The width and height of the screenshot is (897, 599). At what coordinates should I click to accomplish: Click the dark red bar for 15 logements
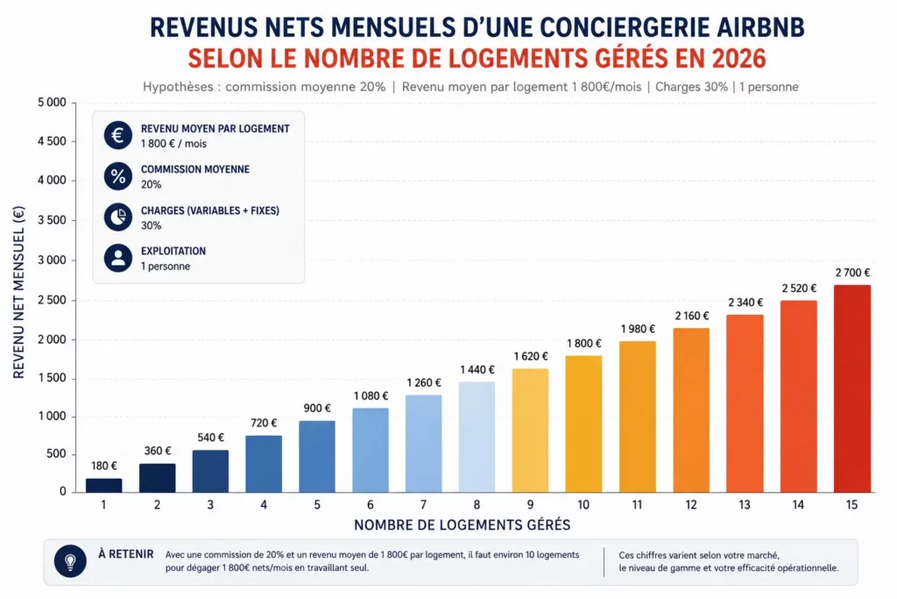(851, 389)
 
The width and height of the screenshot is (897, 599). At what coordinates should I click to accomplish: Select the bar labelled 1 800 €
(583, 424)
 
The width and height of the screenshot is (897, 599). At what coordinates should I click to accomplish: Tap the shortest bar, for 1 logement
(103, 486)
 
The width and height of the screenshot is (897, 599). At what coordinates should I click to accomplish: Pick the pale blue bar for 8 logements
(477, 437)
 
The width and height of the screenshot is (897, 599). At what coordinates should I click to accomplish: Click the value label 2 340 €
(745, 303)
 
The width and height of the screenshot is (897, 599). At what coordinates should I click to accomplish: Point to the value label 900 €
(317, 409)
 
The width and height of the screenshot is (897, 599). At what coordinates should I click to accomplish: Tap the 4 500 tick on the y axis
(52, 141)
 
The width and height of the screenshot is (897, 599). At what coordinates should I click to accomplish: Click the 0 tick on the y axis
(63, 491)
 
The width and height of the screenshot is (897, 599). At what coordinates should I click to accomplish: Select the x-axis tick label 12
(691, 505)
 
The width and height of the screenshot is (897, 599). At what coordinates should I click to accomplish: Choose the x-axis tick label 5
(317, 505)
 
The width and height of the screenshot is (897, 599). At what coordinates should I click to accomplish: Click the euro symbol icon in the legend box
(118, 135)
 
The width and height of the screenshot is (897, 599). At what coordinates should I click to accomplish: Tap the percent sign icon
(118, 175)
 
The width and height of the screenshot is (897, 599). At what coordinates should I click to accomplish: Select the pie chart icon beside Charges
(118, 217)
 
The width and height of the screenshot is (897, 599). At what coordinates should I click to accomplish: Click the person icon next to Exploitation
(118, 258)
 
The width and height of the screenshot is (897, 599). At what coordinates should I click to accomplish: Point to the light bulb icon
(70, 561)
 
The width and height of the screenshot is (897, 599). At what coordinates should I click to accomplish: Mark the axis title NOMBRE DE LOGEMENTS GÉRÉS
(463, 525)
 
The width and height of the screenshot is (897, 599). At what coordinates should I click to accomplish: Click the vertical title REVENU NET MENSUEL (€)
(19, 292)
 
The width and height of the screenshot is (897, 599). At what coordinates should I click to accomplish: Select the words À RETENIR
(126, 554)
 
